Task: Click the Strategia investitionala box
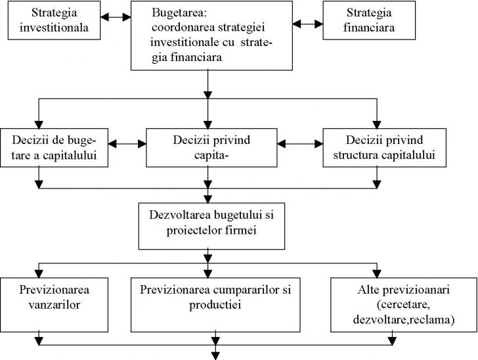(x=54, y=20)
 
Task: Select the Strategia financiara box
(x=369, y=20)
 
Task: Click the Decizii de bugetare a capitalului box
(x=54, y=148)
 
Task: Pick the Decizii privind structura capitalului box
(x=384, y=148)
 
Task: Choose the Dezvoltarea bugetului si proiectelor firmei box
(x=211, y=226)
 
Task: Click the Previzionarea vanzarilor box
(x=54, y=305)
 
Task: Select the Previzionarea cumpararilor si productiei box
(x=215, y=305)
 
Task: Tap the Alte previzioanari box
(x=404, y=305)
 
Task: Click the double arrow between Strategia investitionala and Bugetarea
(x=116, y=17)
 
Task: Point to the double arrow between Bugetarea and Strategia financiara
(x=308, y=24)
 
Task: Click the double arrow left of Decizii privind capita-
(x=127, y=144)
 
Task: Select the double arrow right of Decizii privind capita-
(x=300, y=144)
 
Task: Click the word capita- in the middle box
(x=211, y=156)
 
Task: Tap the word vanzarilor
(x=54, y=304)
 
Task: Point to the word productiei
(x=215, y=305)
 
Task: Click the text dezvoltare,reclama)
(x=404, y=319)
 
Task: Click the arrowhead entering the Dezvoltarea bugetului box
(x=208, y=199)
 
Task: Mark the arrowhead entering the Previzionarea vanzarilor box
(x=39, y=274)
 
